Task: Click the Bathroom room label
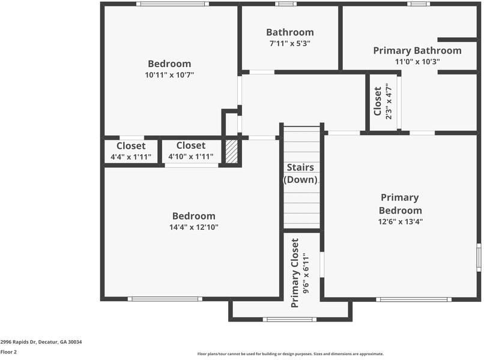(290, 32)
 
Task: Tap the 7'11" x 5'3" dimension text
(290, 43)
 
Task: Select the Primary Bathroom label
(417, 50)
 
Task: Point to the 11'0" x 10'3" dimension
(417, 61)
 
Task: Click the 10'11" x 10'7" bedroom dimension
(169, 75)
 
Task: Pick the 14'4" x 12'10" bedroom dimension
(194, 227)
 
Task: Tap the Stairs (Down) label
(300, 173)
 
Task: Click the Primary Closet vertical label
(295, 273)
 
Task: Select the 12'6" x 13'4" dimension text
(401, 221)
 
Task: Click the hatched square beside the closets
(232, 152)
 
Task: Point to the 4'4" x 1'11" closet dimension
(131, 157)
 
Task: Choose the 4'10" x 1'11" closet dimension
(191, 157)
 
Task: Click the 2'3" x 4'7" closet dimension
(389, 101)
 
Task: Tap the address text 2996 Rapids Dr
(18, 342)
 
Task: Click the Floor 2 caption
(8, 352)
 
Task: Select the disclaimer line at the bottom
(291, 354)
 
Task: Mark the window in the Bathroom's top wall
(286, 4)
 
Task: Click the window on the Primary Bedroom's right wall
(479, 257)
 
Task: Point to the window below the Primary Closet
(289, 319)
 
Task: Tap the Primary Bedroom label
(400, 204)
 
